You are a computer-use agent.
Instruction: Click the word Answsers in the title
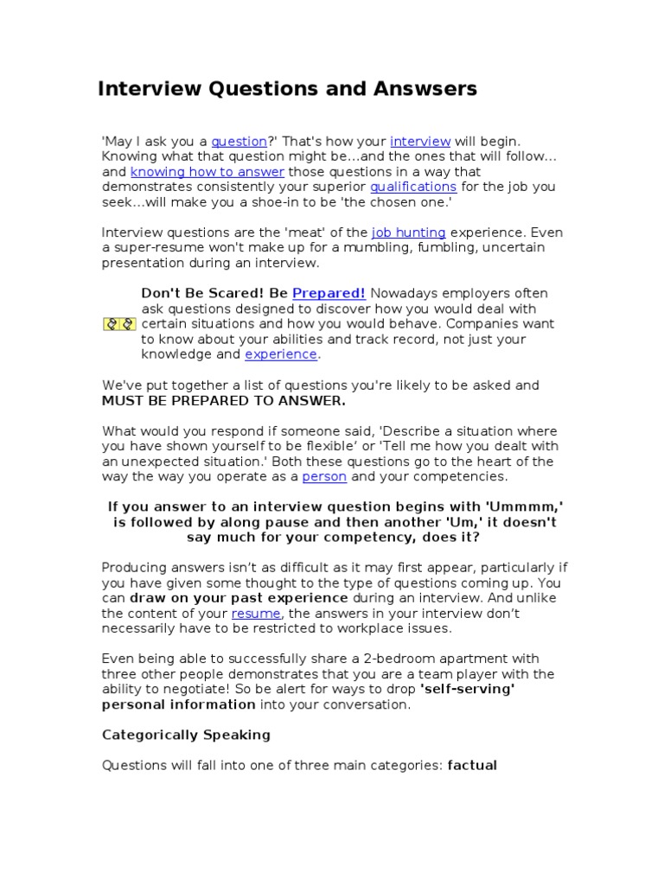(x=423, y=89)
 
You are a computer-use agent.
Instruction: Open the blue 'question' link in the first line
(x=239, y=142)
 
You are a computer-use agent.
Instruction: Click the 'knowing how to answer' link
(x=207, y=172)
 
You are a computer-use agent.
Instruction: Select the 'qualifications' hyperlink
(x=413, y=187)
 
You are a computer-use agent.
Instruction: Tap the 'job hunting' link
(x=409, y=232)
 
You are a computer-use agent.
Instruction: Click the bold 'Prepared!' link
(x=329, y=294)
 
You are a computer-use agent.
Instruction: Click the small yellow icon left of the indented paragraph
(x=119, y=324)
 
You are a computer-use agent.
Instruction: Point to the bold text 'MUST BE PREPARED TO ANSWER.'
(x=224, y=401)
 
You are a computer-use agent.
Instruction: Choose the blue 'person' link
(x=324, y=477)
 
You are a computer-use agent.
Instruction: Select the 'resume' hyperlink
(x=256, y=614)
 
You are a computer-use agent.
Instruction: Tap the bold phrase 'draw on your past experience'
(x=239, y=598)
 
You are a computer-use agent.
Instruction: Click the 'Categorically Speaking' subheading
(x=186, y=735)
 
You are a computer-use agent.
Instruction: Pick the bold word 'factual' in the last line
(x=472, y=766)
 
